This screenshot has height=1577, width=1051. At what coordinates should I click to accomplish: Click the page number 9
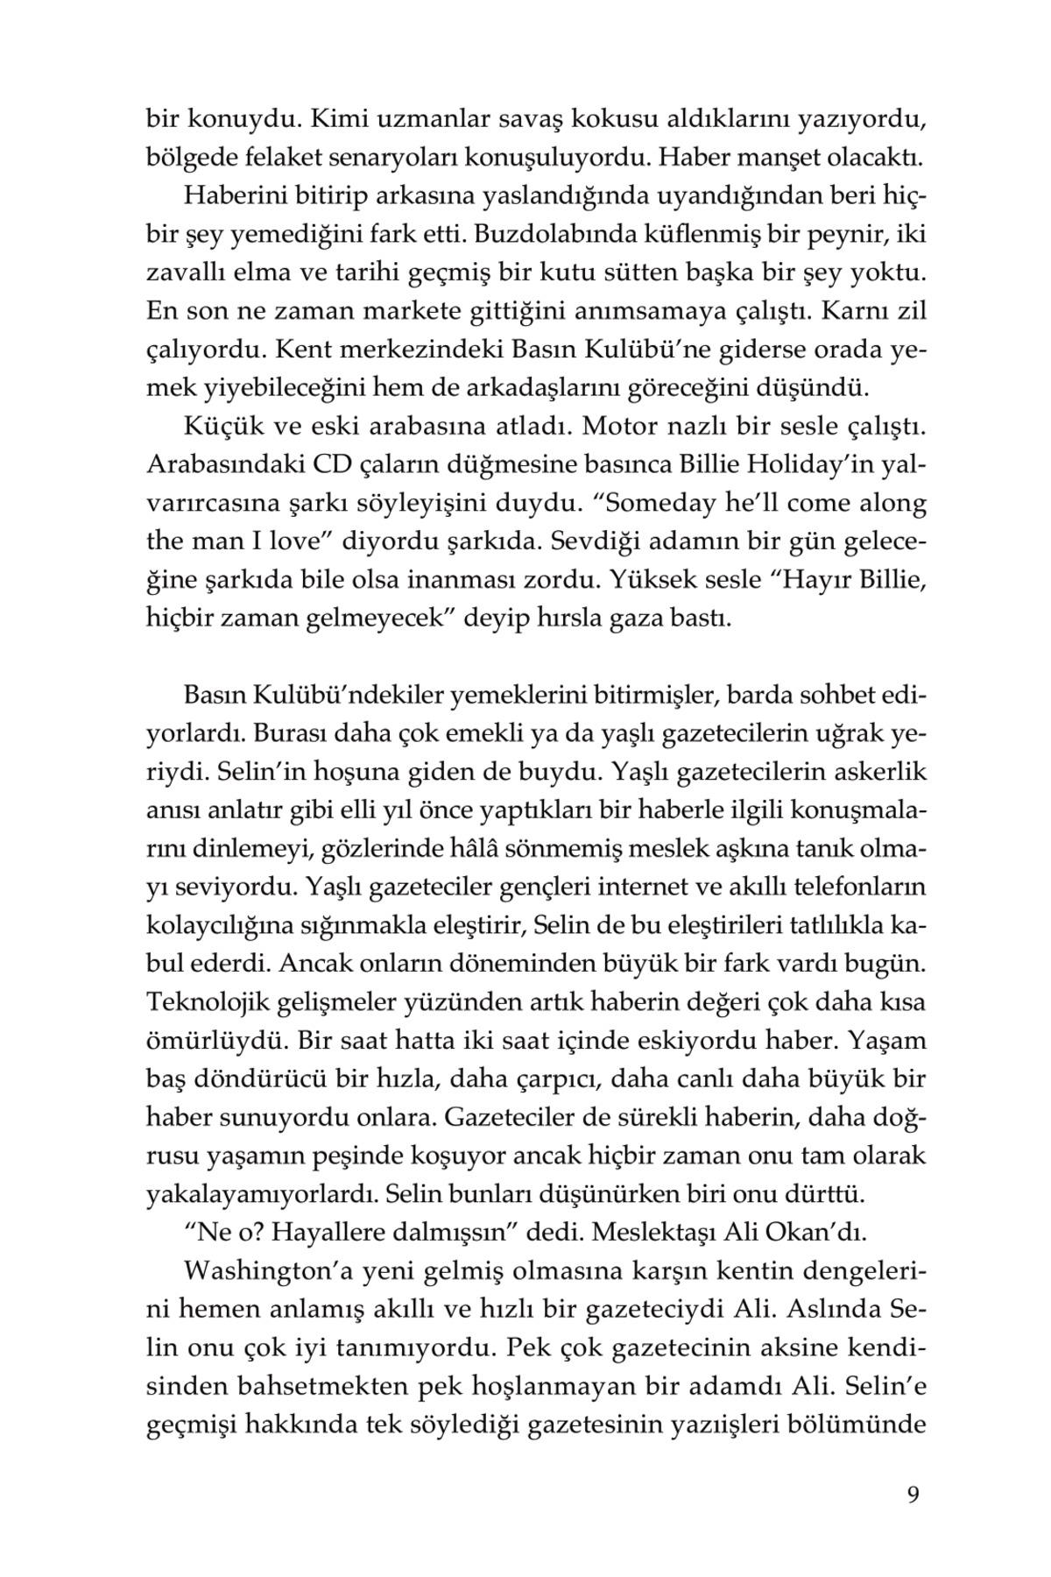(913, 1494)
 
